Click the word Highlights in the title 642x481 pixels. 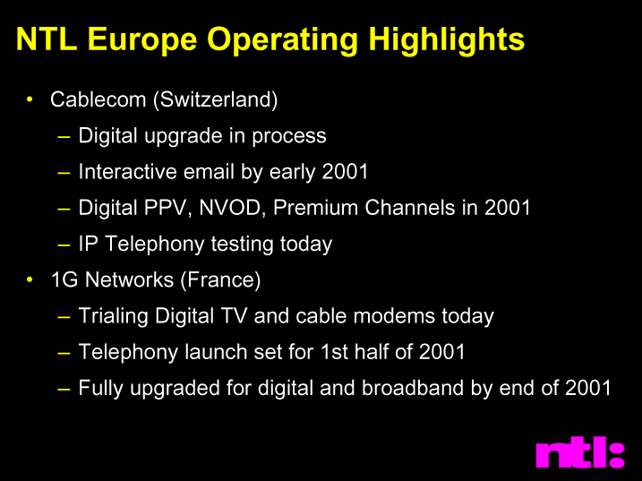click(446, 39)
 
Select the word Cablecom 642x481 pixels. click(98, 99)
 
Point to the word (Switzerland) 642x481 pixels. click(216, 99)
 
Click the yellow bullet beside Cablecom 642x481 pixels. click(30, 99)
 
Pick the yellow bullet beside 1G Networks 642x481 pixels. click(30, 279)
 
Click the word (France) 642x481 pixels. click(220, 279)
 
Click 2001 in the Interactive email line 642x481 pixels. click(345, 171)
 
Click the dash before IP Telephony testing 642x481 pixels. click(64, 245)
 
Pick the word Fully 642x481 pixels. click(100, 388)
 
